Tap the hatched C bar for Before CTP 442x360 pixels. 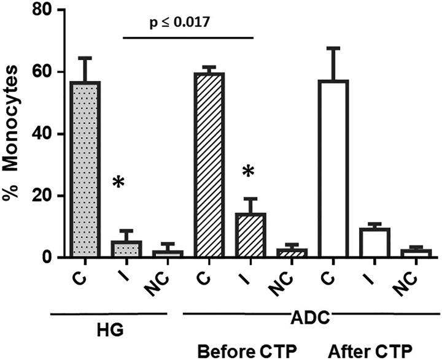tap(209, 165)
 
